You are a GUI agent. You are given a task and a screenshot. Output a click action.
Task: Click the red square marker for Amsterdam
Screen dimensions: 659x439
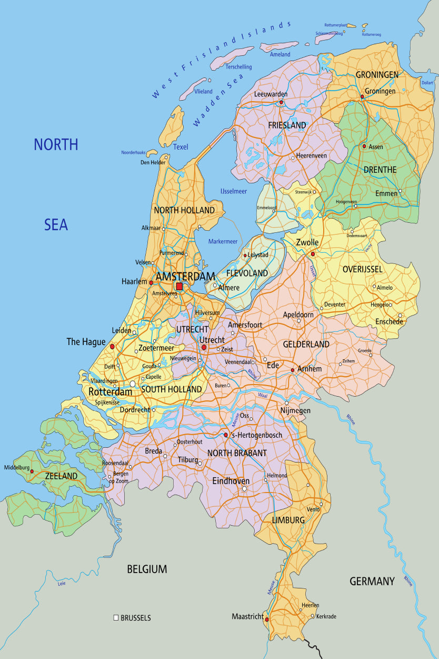coord(179,287)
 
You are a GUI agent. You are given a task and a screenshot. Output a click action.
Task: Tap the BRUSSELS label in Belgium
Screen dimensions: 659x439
coord(136,618)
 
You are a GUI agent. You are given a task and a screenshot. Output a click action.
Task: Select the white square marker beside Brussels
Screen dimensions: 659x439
coord(116,617)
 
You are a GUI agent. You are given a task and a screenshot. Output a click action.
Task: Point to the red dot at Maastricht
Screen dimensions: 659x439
coord(267,619)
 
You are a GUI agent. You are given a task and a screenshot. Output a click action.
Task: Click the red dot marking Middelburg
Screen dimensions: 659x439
coord(32,471)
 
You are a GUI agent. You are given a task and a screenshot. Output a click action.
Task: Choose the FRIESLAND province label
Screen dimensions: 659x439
coord(287,125)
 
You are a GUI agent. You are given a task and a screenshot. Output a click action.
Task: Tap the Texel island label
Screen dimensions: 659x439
coord(181,147)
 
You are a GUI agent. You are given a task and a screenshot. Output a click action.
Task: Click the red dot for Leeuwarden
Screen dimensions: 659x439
coord(282,102)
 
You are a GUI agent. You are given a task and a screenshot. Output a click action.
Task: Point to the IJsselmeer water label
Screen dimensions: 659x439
coord(233,191)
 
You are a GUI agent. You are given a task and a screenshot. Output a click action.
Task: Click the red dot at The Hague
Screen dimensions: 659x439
coord(112,347)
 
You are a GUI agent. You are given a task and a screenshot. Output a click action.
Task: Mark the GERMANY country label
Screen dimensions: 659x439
coord(372,582)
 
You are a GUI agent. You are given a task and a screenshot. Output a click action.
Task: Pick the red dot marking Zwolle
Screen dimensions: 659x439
coord(313,254)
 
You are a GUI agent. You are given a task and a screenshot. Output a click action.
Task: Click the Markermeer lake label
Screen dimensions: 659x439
coord(223,241)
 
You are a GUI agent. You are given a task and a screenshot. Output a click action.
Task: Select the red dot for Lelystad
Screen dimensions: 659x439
coord(245,256)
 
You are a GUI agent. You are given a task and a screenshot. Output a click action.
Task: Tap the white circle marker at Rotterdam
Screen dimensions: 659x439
coord(133,383)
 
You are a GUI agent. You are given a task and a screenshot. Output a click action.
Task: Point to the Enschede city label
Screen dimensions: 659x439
coord(389,321)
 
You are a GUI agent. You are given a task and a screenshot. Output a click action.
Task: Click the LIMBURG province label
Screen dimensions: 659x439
coord(288,520)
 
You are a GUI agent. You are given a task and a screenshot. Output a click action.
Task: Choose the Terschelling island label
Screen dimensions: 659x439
coord(238,67)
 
